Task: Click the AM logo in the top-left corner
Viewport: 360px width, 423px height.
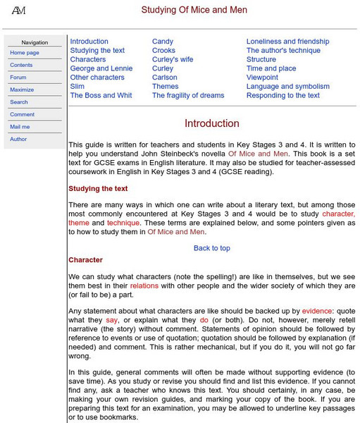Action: pos(19,10)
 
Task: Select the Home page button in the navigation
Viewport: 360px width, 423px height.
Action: pos(25,53)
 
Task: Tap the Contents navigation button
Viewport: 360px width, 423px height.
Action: pos(21,65)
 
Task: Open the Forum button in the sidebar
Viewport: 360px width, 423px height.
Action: pos(18,78)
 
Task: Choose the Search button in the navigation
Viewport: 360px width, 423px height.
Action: pos(19,102)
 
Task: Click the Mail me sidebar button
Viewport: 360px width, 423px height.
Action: pos(20,127)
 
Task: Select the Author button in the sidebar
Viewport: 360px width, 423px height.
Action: pos(18,139)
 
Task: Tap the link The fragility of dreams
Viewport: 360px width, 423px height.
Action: pos(188,95)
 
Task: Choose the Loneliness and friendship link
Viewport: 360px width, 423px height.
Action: pos(287,42)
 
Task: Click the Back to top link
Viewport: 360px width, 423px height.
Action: pos(212,248)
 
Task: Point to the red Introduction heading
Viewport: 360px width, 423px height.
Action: pos(212,123)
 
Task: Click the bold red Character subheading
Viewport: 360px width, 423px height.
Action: pos(85,260)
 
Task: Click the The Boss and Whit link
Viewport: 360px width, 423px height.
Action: pos(101,95)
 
